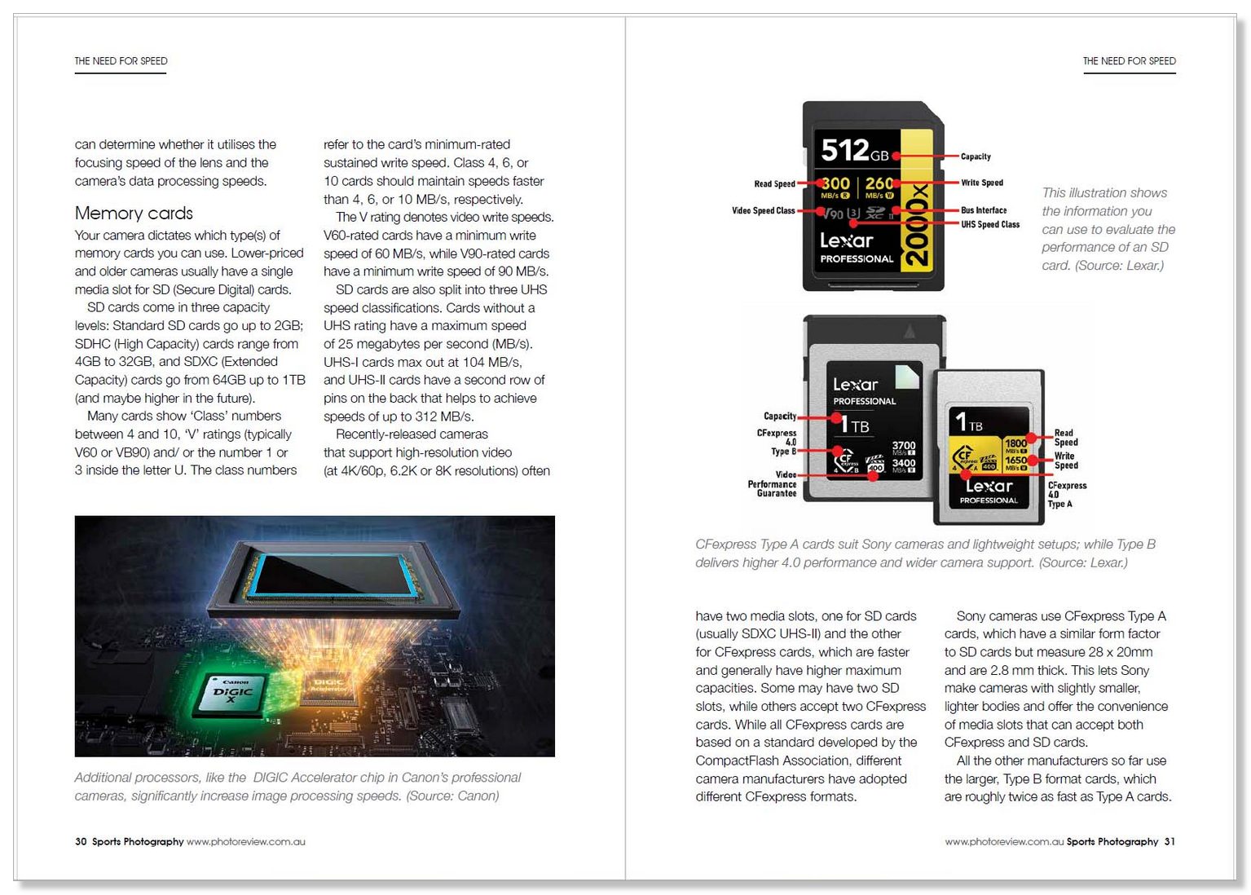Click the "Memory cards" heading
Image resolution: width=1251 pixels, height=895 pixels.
pos(134,214)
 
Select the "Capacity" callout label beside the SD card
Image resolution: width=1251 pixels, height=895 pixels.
pos(976,157)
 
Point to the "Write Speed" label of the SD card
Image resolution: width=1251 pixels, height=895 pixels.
pos(981,183)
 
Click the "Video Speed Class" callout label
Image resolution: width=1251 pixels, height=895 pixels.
pos(763,211)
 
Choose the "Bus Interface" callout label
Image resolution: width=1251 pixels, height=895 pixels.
pos(983,210)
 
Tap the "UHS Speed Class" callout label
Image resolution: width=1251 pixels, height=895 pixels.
pos(989,225)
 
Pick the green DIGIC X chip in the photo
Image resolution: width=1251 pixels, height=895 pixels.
pos(233,692)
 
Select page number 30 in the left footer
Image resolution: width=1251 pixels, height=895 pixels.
pos(81,842)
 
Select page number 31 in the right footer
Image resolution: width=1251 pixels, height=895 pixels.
pos(1170,842)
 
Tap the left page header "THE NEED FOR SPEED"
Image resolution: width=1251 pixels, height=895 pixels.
pos(121,61)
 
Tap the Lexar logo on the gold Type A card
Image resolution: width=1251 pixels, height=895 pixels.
pos(988,487)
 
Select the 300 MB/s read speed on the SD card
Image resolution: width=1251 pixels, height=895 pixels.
pos(835,185)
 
